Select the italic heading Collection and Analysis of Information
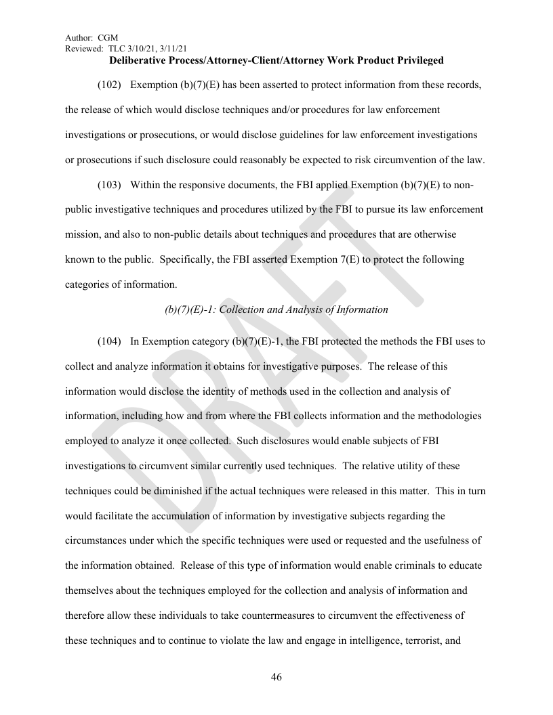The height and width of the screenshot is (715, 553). [x=304, y=309]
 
